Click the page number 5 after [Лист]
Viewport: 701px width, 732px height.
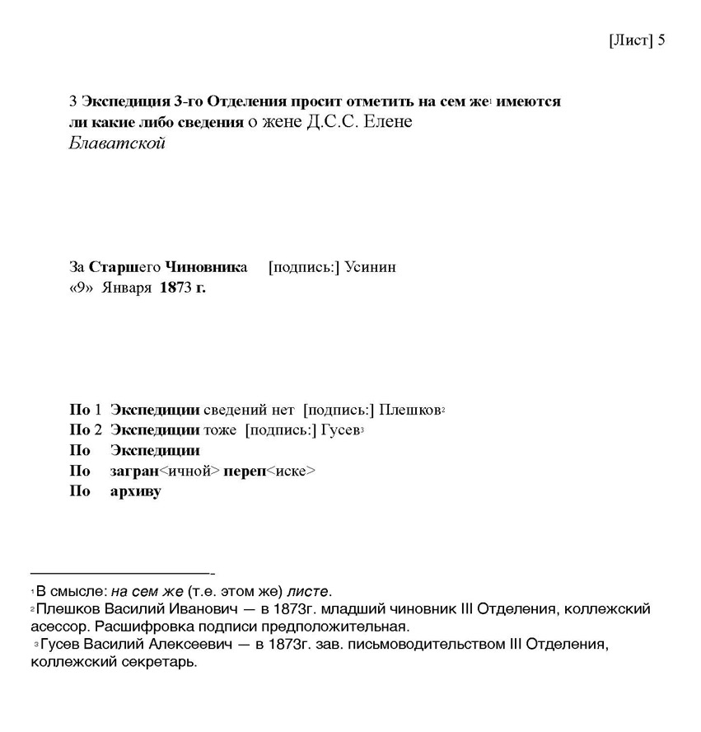(x=661, y=40)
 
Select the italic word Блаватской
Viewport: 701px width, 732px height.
(x=117, y=143)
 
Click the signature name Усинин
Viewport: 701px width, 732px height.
(x=370, y=267)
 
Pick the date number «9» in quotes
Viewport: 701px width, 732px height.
(x=81, y=288)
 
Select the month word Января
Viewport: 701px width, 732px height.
(x=126, y=288)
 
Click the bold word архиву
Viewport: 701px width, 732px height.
(x=135, y=492)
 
